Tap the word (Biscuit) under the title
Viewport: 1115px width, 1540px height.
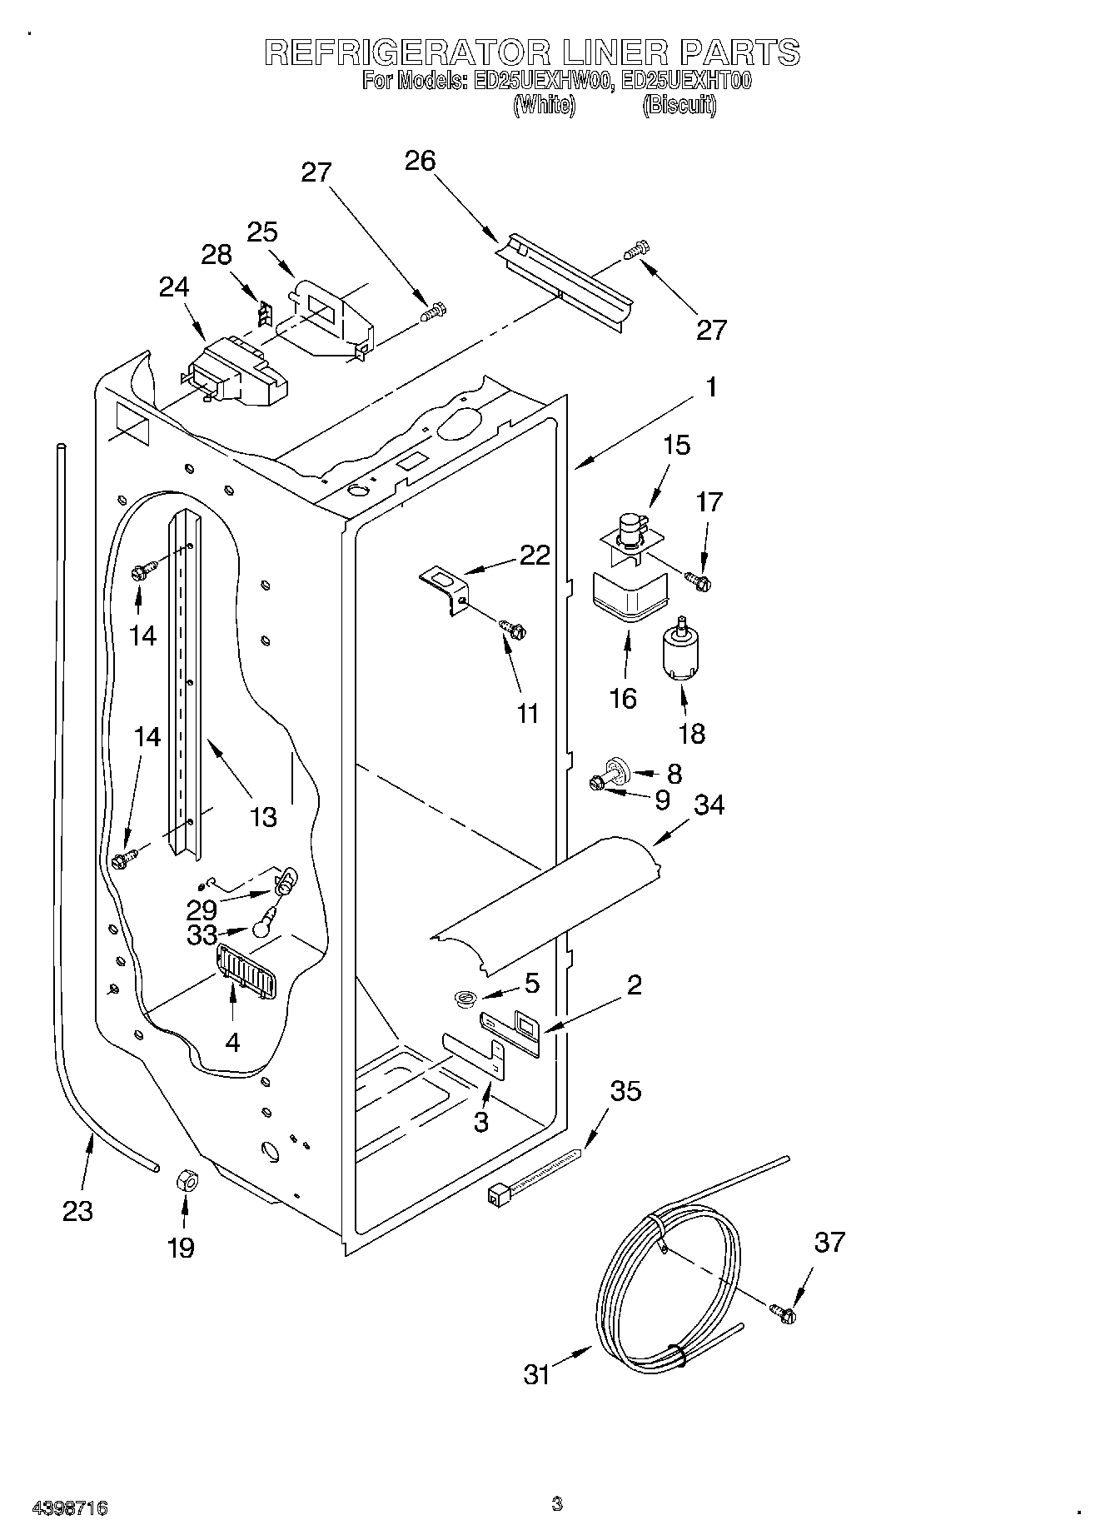coord(679,106)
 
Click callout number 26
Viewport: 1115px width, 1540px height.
coord(420,160)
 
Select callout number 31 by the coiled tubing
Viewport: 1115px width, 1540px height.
coord(537,1373)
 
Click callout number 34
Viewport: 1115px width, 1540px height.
coord(709,805)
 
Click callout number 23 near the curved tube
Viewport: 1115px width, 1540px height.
coord(77,1210)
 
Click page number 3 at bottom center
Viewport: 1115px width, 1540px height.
coord(556,1503)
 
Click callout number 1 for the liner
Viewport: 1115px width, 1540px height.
coord(710,387)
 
